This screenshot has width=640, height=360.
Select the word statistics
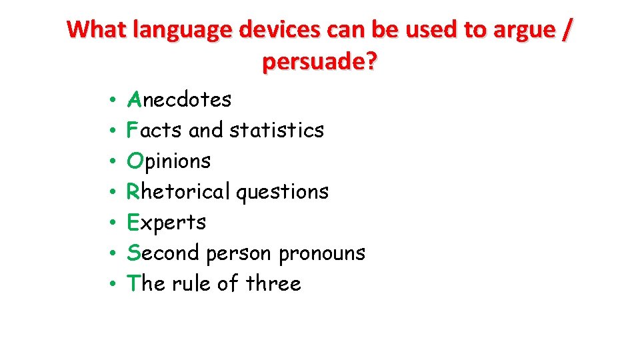tap(277, 130)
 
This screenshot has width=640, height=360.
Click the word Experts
tap(166, 222)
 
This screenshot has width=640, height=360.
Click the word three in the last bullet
tap(273, 283)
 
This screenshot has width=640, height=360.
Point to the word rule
tap(191, 283)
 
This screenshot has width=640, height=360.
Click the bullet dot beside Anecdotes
tap(114, 101)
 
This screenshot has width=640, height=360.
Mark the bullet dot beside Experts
tap(114, 223)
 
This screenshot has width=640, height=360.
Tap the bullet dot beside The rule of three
tap(114, 284)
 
